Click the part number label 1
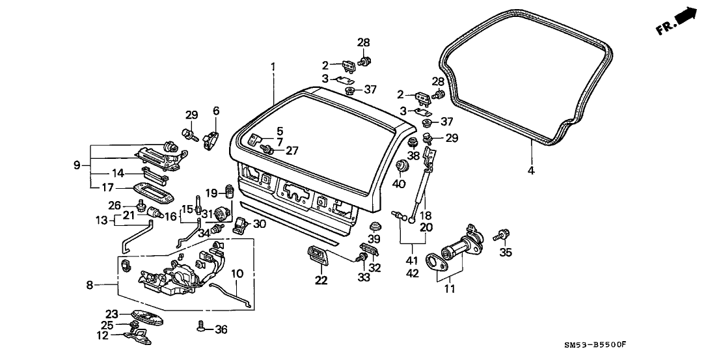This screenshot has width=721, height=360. (273, 66)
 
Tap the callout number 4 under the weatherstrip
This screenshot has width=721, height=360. (531, 171)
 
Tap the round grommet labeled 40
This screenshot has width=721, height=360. (401, 168)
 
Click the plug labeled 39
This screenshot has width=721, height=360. (374, 227)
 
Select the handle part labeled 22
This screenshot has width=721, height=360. (317, 255)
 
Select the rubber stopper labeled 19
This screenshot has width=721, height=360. (229, 191)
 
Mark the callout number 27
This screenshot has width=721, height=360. (292, 150)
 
